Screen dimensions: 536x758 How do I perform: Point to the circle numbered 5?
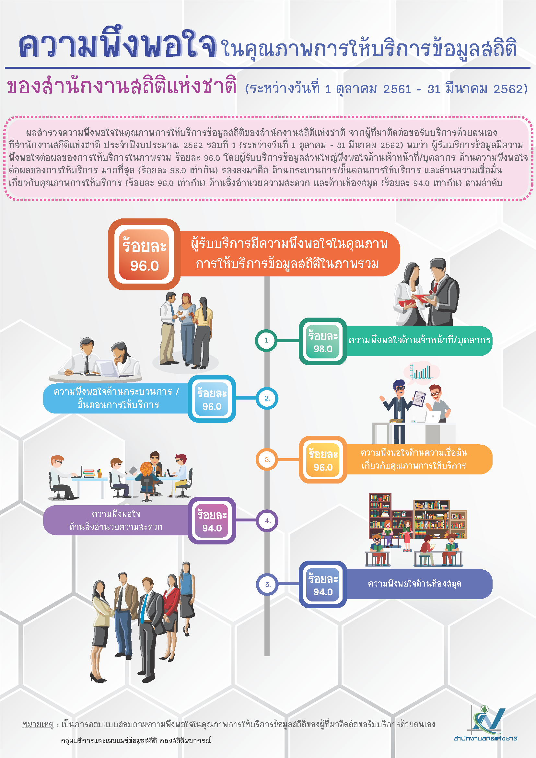point(267,584)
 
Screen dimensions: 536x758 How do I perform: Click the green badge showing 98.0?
point(323,341)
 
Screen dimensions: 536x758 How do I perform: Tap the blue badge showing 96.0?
point(212,399)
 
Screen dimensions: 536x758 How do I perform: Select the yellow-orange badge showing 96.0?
point(323,460)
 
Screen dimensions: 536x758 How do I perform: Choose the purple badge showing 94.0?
point(212,521)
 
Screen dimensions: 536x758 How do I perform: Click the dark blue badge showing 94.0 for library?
point(323,584)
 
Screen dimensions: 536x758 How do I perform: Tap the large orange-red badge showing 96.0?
point(144,254)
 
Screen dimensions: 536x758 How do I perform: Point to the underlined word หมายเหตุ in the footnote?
point(38,724)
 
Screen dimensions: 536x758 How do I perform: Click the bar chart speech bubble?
point(422,373)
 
